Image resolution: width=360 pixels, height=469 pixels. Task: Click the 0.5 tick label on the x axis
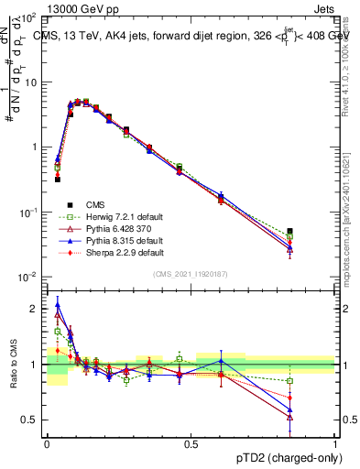coord(191,444)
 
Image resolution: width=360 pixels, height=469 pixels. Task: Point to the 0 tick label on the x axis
coord(47,444)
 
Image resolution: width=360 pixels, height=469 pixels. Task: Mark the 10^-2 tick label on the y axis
coord(27,277)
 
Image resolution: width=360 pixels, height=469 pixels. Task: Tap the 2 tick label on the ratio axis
coord(35,309)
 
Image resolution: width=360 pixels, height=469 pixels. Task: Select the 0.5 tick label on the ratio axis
coord(31,420)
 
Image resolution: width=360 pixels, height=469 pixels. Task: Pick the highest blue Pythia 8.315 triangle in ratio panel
coord(58,306)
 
